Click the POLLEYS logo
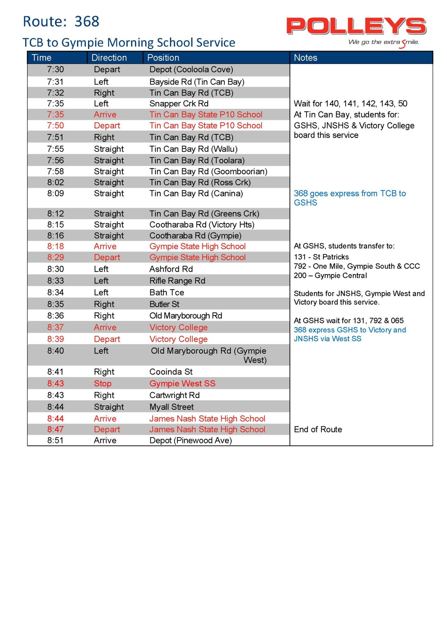(356, 26)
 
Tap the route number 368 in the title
(87, 22)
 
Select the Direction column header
(109, 58)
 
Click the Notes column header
(305, 58)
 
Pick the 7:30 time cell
(55, 69)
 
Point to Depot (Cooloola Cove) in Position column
(191, 69)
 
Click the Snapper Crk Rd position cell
(179, 104)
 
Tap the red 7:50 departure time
(55, 126)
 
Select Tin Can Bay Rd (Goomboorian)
(208, 171)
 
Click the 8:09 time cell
(55, 193)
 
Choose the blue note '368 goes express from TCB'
(349, 194)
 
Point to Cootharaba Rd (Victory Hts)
(202, 225)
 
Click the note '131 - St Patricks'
(321, 257)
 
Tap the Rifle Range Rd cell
(177, 281)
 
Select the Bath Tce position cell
(167, 293)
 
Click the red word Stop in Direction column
(103, 384)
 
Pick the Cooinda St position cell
(171, 372)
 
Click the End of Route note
(318, 430)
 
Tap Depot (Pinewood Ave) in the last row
(191, 441)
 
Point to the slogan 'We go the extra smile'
(383, 42)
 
